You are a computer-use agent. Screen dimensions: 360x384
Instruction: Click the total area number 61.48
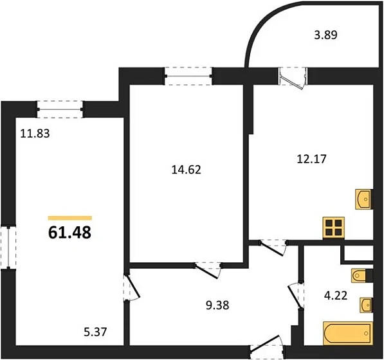click(x=69, y=232)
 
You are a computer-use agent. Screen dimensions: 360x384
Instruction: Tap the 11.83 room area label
click(x=35, y=134)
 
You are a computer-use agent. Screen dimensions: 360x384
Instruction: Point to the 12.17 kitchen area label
click(x=311, y=159)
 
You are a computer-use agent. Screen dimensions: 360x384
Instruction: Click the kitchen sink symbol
click(x=363, y=199)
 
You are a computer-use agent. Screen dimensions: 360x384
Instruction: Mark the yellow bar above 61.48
click(x=69, y=218)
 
